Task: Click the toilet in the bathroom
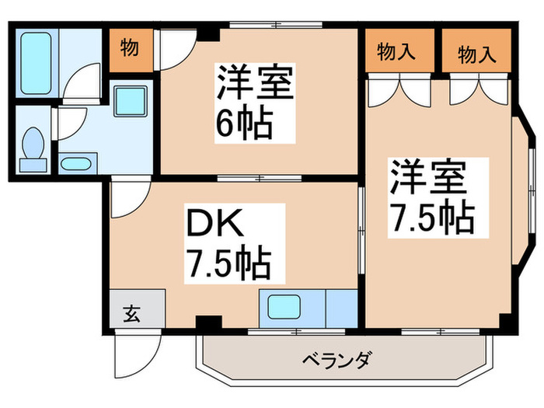pos(32,148)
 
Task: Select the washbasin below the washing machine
pos(75,164)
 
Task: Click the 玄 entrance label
pos(131,314)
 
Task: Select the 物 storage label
pos(130,49)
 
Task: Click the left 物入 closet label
pos(396,54)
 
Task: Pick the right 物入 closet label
pos(476,54)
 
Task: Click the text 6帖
pos(245,122)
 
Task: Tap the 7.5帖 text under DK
pos(227,265)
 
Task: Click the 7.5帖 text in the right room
pos(432,220)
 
